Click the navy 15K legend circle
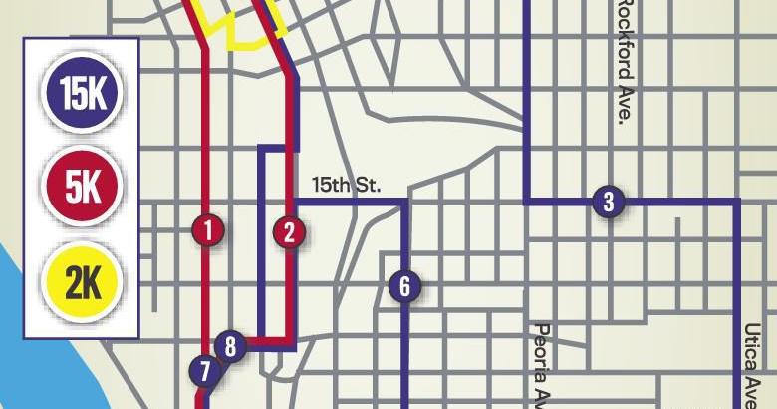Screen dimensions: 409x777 tap(83, 94)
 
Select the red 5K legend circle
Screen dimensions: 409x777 tap(83, 187)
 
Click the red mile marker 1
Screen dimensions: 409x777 tap(208, 231)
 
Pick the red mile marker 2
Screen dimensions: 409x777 tap(289, 232)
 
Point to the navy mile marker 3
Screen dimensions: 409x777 tap(608, 202)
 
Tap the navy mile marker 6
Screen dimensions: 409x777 tap(404, 287)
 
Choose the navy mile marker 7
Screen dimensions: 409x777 tap(205, 372)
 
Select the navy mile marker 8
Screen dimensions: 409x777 tap(230, 347)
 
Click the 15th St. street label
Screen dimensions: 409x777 tap(347, 185)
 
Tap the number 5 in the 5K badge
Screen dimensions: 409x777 tap(73, 187)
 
